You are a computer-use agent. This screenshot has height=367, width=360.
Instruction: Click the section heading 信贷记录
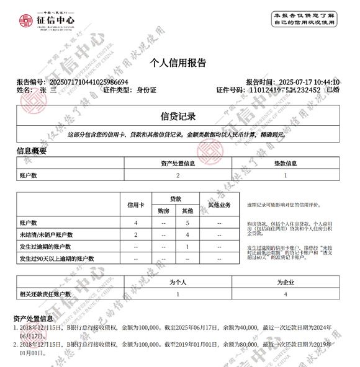click(x=178, y=117)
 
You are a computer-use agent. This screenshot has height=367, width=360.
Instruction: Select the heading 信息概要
click(x=31, y=151)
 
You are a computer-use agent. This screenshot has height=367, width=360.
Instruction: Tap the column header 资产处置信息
click(x=178, y=164)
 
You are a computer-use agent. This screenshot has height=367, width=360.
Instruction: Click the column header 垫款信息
click(x=286, y=164)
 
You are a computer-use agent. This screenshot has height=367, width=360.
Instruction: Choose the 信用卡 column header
click(x=135, y=205)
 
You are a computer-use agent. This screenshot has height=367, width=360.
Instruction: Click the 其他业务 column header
click(x=220, y=205)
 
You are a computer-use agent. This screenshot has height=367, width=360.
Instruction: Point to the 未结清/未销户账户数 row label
click(x=47, y=234)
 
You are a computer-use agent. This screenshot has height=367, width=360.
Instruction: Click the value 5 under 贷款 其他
click(x=187, y=222)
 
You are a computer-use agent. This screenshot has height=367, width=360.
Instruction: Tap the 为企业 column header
click(x=285, y=282)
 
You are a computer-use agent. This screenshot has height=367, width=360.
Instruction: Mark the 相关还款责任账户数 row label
click(x=46, y=294)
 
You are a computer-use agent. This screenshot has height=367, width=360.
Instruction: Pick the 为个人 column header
click(x=178, y=282)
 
